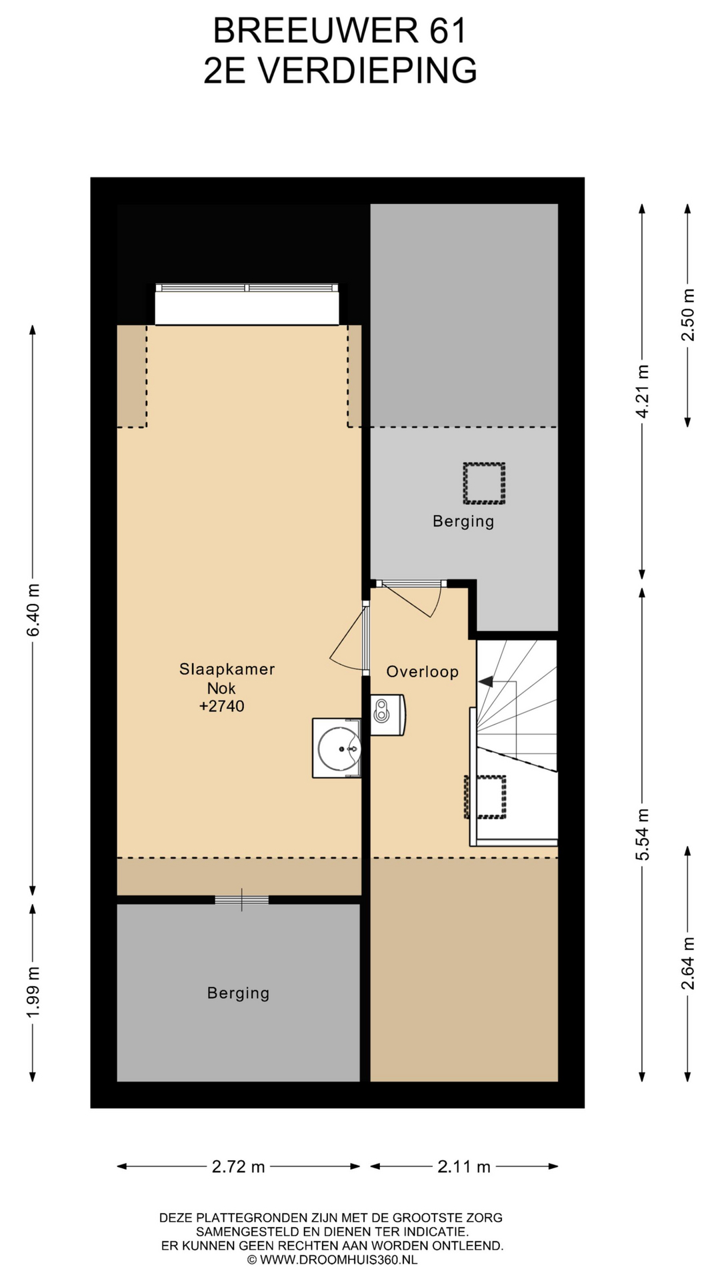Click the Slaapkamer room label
point(227,669)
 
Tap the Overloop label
point(423,672)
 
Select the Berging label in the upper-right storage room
point(463,521)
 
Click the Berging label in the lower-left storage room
point(238,993)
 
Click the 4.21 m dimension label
point(642,392)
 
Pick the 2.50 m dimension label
point(687,315)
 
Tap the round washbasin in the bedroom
point(339,748)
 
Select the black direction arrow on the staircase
point(486,682)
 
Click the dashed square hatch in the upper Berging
point(484,484)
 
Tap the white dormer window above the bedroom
point(247,304)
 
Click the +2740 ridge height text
point(222,707)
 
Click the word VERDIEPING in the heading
point(367,71)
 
